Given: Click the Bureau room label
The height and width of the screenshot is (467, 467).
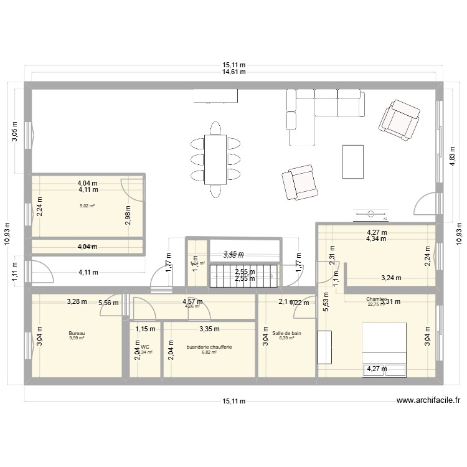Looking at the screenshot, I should pos(76,333).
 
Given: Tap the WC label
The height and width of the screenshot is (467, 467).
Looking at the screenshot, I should pos(145,347).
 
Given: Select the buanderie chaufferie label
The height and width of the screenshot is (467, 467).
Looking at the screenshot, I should pos(209,347).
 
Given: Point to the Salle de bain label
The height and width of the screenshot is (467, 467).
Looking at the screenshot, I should pos(286,333).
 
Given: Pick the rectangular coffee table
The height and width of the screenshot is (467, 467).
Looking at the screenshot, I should pos(352,162).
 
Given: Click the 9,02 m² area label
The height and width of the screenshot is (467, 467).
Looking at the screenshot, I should pos(87,206).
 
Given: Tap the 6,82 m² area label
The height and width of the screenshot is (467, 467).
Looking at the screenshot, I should pos(209,352).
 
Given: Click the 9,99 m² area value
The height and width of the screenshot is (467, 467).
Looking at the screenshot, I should pos(76,339).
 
